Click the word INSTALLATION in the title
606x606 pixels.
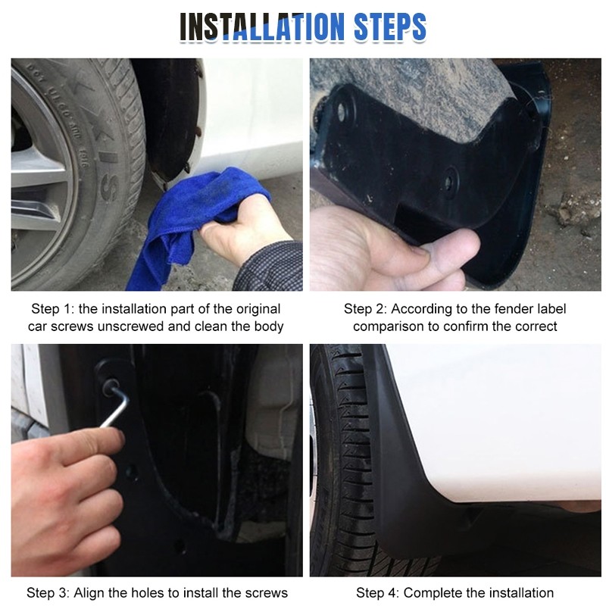[x=262, y=27]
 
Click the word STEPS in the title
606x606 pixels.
[x=390, y=27]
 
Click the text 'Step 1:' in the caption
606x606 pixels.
[x=52, y=309]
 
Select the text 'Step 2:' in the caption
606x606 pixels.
[x=365, y=309]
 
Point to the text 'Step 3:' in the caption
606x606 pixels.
[x=48, y=592]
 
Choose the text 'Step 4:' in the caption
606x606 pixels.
[x=377, y=592]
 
